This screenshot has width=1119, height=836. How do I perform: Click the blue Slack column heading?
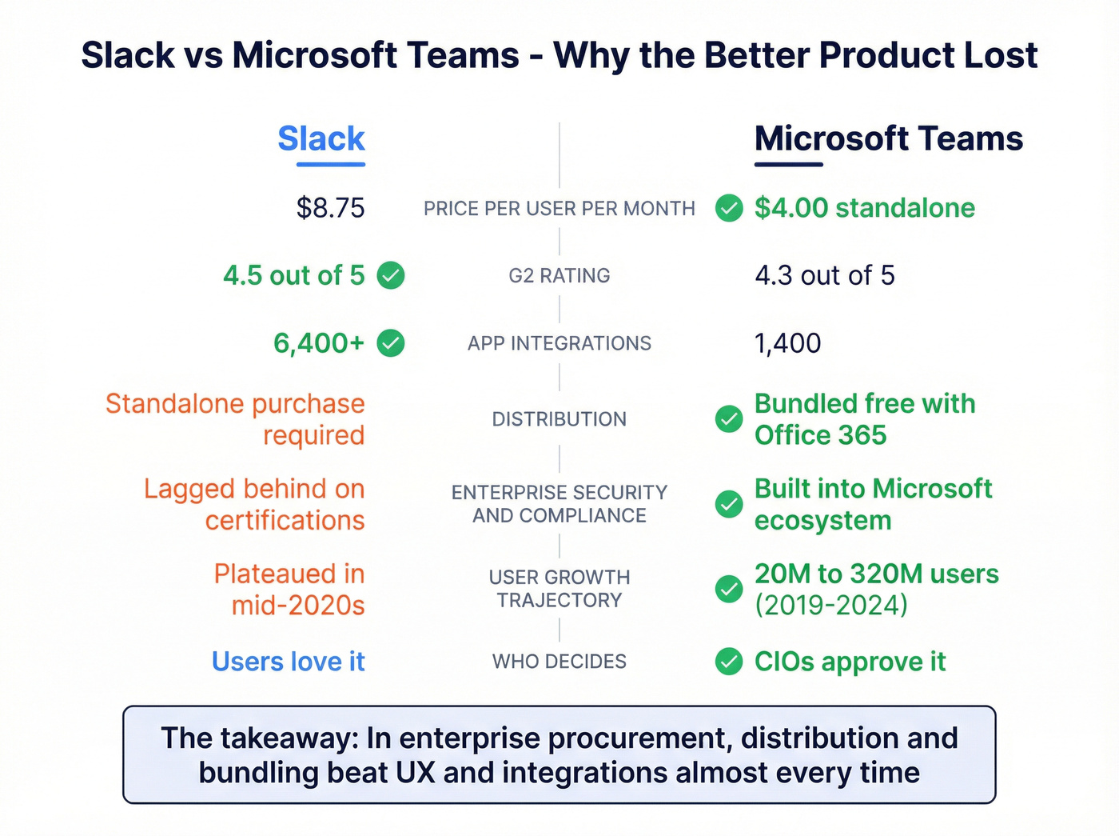tap(321, 139)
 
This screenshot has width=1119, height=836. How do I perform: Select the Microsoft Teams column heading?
tap(888, 139)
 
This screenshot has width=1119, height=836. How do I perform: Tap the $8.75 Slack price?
tap(330, 208)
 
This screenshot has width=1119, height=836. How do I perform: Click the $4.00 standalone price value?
tap(864, 208)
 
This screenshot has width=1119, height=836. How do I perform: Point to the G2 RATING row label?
tap(559, 276)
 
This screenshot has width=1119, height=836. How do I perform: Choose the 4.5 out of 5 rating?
tap(293, 276)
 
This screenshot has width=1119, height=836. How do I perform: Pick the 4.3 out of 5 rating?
tap(824, 276)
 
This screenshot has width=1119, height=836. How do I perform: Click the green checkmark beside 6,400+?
tap(391, 343)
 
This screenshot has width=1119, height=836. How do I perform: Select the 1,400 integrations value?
tap(787, 343)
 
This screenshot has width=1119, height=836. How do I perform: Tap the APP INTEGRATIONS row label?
tap(559, 343)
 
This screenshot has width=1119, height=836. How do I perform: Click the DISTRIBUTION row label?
tap(559, 419)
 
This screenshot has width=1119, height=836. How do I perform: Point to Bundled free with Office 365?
tap(864, 419)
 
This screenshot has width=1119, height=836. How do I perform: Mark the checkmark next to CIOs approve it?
tap(729, 662)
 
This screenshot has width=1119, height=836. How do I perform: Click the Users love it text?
tap(288, 662)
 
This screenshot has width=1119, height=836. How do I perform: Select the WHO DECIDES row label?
tap(559, 662)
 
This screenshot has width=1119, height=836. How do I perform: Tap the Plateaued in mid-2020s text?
tap(289, 590)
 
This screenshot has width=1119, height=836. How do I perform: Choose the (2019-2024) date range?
tap(831, 606)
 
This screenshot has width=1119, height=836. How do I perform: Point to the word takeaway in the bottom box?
tap(289, 738)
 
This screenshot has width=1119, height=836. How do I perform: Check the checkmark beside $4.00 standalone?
tap(729, 208)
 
